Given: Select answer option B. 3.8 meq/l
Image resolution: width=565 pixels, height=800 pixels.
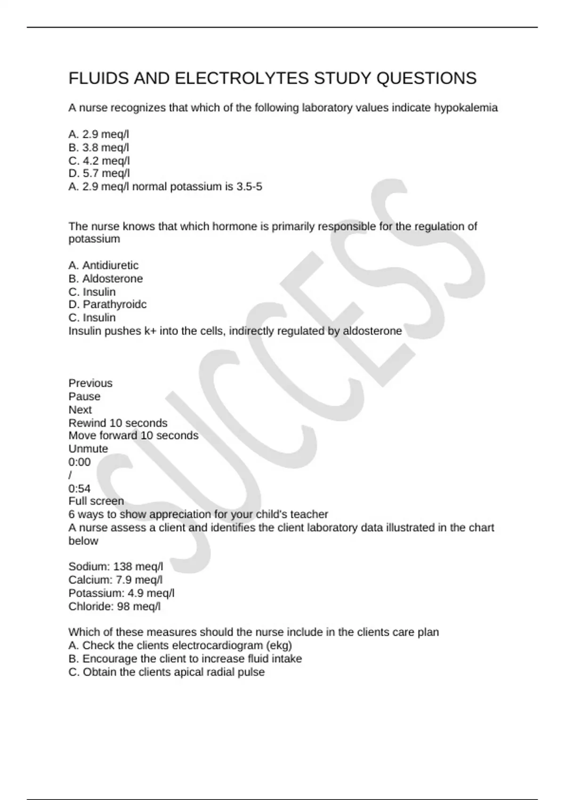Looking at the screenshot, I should (x=99, y=148).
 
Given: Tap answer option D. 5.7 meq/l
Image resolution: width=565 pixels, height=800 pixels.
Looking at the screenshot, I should (x=99, y=174).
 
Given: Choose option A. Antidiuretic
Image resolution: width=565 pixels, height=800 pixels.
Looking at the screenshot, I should (x=104, y=265).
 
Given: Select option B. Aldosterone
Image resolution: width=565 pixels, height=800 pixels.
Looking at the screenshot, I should (x=105, y=279).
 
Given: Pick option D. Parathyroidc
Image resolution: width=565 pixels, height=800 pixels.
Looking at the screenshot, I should (x=107, y=304).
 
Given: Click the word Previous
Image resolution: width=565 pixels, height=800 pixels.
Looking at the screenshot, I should (x=90, y=383).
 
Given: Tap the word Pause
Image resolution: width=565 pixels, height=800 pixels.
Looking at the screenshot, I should (x=84, y=396).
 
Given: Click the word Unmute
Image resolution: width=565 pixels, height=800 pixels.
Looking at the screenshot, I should (x=88, y=448).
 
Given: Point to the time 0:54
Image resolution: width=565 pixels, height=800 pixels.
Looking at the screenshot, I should (x=80, y=488).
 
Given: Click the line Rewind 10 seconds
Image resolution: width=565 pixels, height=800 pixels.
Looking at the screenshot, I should (x=118, y=423).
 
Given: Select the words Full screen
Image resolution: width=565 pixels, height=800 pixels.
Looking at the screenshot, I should (x=96, y=501).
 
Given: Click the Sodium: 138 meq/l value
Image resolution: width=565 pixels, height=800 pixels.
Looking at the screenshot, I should (x=116, y=567).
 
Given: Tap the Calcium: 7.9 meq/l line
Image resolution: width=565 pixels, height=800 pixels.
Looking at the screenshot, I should (x=115, y=580).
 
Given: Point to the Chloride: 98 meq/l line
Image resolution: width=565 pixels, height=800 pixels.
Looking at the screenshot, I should (x=114, y=607).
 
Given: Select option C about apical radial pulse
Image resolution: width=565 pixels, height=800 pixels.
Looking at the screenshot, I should (x=166, y=672).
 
